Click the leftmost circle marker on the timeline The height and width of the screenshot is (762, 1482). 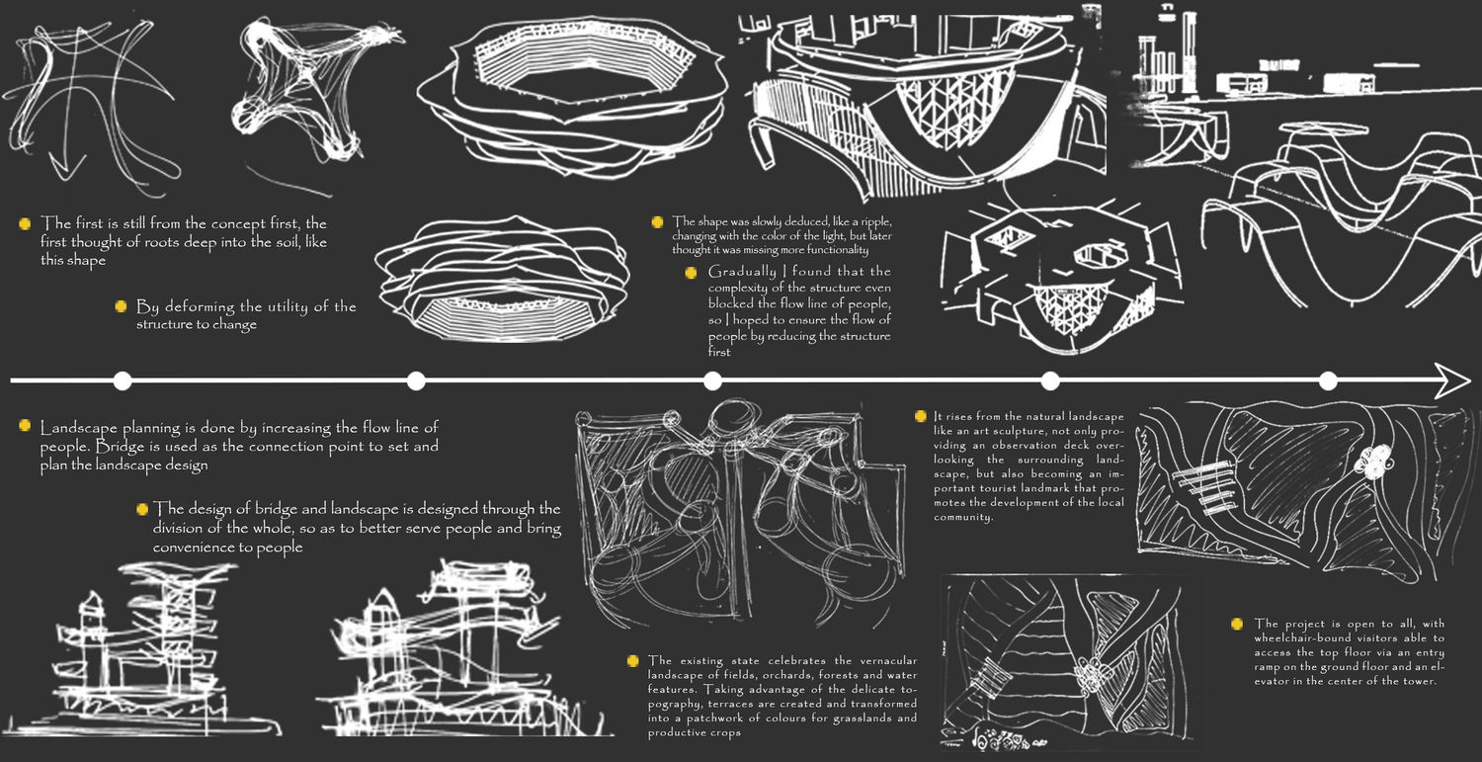click(x=123, y=381)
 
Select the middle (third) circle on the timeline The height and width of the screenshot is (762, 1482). click(x=712, y=381)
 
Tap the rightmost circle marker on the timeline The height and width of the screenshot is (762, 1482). click(x=1328, y=381)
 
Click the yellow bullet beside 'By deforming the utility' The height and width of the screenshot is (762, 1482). click(x=122, y=305)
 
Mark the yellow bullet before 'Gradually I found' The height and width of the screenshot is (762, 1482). click(x=691, y=273)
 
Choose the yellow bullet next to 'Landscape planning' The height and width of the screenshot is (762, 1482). click(x=25, y=425)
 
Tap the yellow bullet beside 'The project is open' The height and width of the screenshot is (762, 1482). click(x=1237, y=624)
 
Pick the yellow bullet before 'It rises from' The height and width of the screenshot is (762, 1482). click(x=920, y=416)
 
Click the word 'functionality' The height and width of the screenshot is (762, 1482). click(x=837, y=250)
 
